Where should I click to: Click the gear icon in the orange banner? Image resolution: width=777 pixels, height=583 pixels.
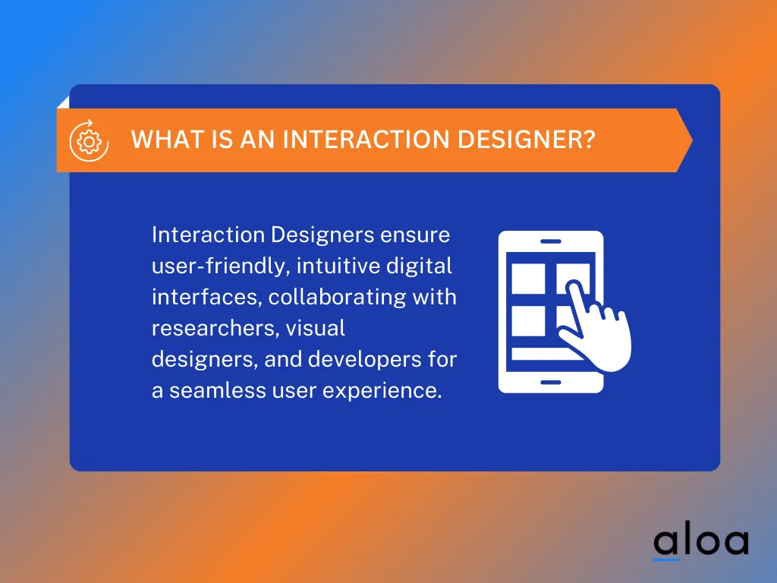coord(86,140)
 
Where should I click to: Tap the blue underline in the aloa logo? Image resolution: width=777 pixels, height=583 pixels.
coord(666,559)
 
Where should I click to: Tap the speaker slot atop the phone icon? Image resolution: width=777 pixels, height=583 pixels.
coord(550,241)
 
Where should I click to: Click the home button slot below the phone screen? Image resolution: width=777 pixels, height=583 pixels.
coord(550,382)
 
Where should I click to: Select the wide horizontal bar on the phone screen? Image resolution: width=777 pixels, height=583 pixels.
coord(543,355)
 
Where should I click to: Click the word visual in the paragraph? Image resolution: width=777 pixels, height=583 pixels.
coord(319,328)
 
